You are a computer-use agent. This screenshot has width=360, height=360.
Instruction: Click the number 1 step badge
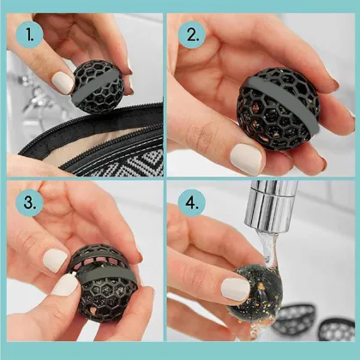[x=30, y=37]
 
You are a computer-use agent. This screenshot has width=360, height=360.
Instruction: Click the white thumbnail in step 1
[x=63, y=82]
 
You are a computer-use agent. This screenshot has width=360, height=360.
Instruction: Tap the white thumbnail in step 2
[x=247, y=157]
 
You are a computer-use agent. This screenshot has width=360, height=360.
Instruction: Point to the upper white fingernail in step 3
[x=56, y=260]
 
